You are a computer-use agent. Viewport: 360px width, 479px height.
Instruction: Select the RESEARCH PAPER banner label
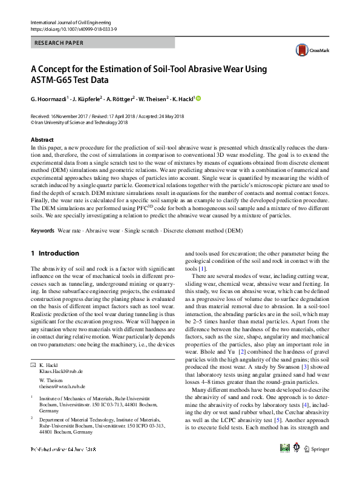coord(60,44)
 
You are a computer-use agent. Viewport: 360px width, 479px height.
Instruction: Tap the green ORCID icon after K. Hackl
coord(198,98)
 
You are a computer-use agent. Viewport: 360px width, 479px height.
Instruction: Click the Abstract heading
coord(42,140)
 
